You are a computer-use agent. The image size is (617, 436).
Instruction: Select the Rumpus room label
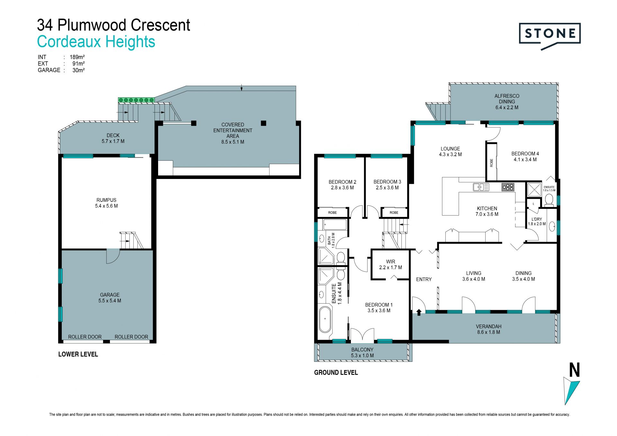[x=106, y=203]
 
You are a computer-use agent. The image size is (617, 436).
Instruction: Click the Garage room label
[x=110, y=298]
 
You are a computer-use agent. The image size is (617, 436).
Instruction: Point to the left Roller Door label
[x=85, y=337]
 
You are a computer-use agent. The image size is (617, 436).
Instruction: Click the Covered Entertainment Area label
[x=233, y=133]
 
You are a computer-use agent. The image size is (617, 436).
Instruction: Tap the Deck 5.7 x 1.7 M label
[x=113, y=138]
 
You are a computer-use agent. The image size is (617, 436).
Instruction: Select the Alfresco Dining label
[x=507, y=102]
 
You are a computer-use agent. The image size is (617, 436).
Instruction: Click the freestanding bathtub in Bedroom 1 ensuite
[x=325, y=319]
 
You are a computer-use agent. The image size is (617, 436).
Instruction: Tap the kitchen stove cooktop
[x=508, y=187]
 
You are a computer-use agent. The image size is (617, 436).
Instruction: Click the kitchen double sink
[x=481, y=187]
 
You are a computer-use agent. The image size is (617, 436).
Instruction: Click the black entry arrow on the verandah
[x=419, y=312]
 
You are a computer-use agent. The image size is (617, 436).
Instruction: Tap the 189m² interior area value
[x=77, y=57]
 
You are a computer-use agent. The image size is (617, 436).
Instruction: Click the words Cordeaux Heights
[x=96, y=42]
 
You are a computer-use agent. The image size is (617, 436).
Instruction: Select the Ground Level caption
[x=336, y=372]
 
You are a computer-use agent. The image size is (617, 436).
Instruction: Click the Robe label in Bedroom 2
[x=332, y=213]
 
